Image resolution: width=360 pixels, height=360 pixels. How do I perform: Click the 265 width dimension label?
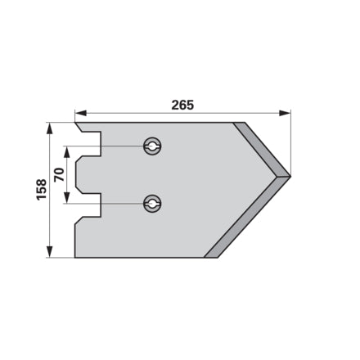pos(182,105)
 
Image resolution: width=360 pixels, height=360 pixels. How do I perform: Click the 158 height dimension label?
pos(42,190)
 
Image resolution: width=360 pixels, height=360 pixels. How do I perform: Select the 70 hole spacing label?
pos(59,175)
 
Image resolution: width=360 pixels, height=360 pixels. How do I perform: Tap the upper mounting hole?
pos(152,146)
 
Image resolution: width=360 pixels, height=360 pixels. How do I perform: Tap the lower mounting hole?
pos(152,204)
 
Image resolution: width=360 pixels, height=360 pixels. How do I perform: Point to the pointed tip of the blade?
pos(290,176)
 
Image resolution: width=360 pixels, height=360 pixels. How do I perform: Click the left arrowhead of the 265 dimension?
pos(81,113)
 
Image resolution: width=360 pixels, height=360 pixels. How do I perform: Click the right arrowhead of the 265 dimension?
pos(285,113)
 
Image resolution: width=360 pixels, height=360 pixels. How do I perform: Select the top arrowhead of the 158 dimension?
pos(49,128)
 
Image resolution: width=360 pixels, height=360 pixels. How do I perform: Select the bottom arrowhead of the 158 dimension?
pos(49,251)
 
